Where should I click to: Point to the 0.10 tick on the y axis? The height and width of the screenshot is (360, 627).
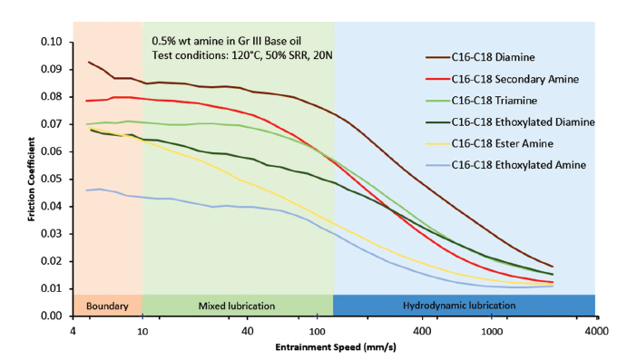(x=52, y=42)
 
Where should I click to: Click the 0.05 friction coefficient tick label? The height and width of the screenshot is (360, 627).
(x=52, y=179)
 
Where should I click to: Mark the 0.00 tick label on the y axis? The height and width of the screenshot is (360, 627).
(x=52, y=316)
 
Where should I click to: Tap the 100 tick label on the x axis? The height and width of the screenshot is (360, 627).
(x=317, y=331)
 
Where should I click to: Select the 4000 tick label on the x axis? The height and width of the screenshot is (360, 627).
(x=596, y=331)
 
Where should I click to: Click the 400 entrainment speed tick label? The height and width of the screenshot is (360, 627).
(x=422, y=331)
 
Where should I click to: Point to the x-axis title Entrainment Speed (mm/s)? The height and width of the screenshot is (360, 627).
(x=336, y=346)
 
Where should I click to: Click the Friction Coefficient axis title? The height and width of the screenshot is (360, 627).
(x=31, y=179)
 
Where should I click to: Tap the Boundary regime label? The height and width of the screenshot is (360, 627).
(x=107, y=306)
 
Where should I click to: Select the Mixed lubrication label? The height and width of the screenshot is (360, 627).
(x=237, y=306)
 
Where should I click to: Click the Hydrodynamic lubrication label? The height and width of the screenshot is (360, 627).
(x=459, y=306)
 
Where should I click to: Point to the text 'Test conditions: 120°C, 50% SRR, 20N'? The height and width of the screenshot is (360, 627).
(x=242, y=55)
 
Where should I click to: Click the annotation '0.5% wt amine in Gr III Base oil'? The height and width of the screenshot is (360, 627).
(x=226, y=41)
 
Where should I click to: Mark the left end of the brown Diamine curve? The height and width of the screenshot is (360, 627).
(x=88, y=62)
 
